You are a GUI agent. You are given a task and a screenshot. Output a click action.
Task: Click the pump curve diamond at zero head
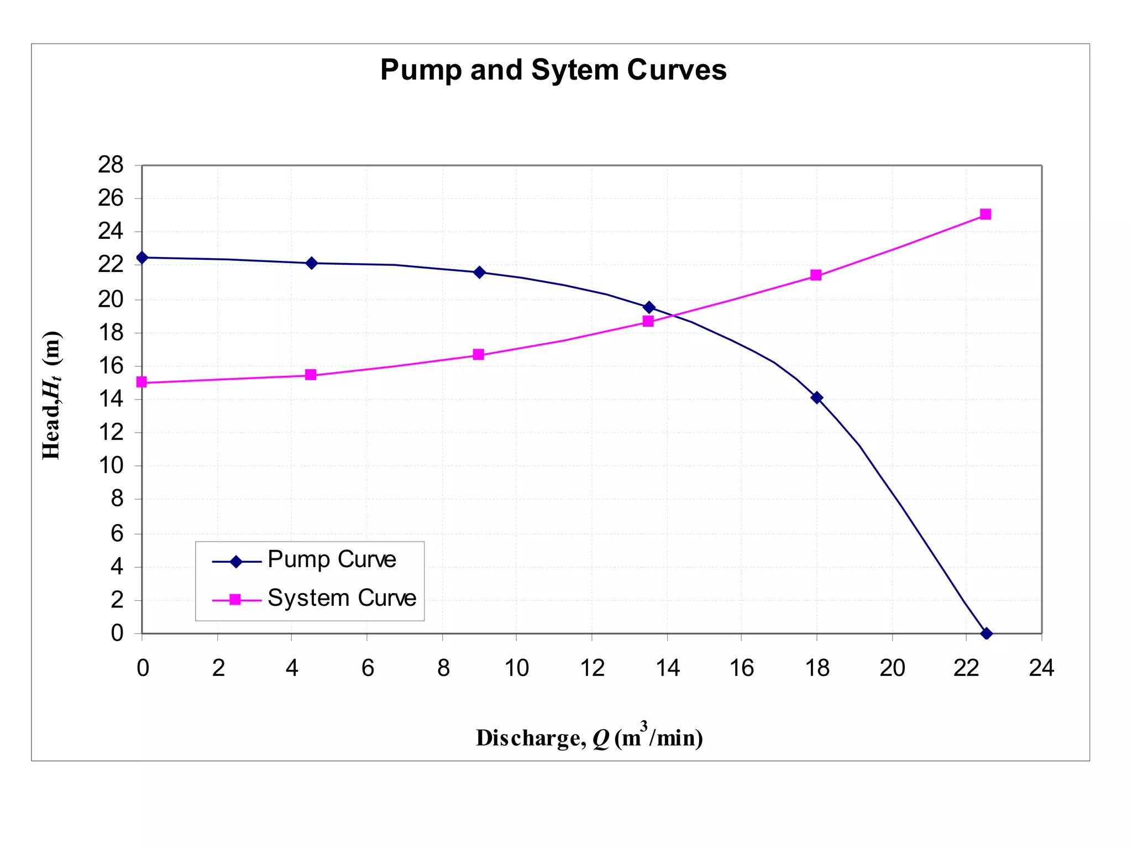986,633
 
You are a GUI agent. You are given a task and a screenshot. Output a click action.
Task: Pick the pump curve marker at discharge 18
816,397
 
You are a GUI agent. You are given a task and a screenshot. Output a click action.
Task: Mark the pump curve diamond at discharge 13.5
649,307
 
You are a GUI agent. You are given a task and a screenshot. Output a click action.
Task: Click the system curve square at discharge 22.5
985,214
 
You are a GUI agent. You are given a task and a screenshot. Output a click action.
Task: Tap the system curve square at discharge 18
816,275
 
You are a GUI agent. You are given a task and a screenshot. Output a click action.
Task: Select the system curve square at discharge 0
141,382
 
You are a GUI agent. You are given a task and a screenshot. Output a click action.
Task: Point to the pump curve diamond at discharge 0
142,258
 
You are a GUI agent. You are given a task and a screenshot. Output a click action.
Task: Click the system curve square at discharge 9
479,354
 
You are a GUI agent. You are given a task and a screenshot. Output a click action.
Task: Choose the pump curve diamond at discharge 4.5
311,263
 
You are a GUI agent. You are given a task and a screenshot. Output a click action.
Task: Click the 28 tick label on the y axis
111,165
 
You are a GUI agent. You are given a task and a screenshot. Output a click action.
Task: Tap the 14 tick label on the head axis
111,399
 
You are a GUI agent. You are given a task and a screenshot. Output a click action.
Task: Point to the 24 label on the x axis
1041,668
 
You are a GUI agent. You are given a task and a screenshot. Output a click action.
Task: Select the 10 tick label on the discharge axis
516,668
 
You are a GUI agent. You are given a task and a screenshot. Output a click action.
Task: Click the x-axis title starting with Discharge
589,737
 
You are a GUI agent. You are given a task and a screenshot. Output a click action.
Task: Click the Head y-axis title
52,395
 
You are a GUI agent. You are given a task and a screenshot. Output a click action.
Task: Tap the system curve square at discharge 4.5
311,375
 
